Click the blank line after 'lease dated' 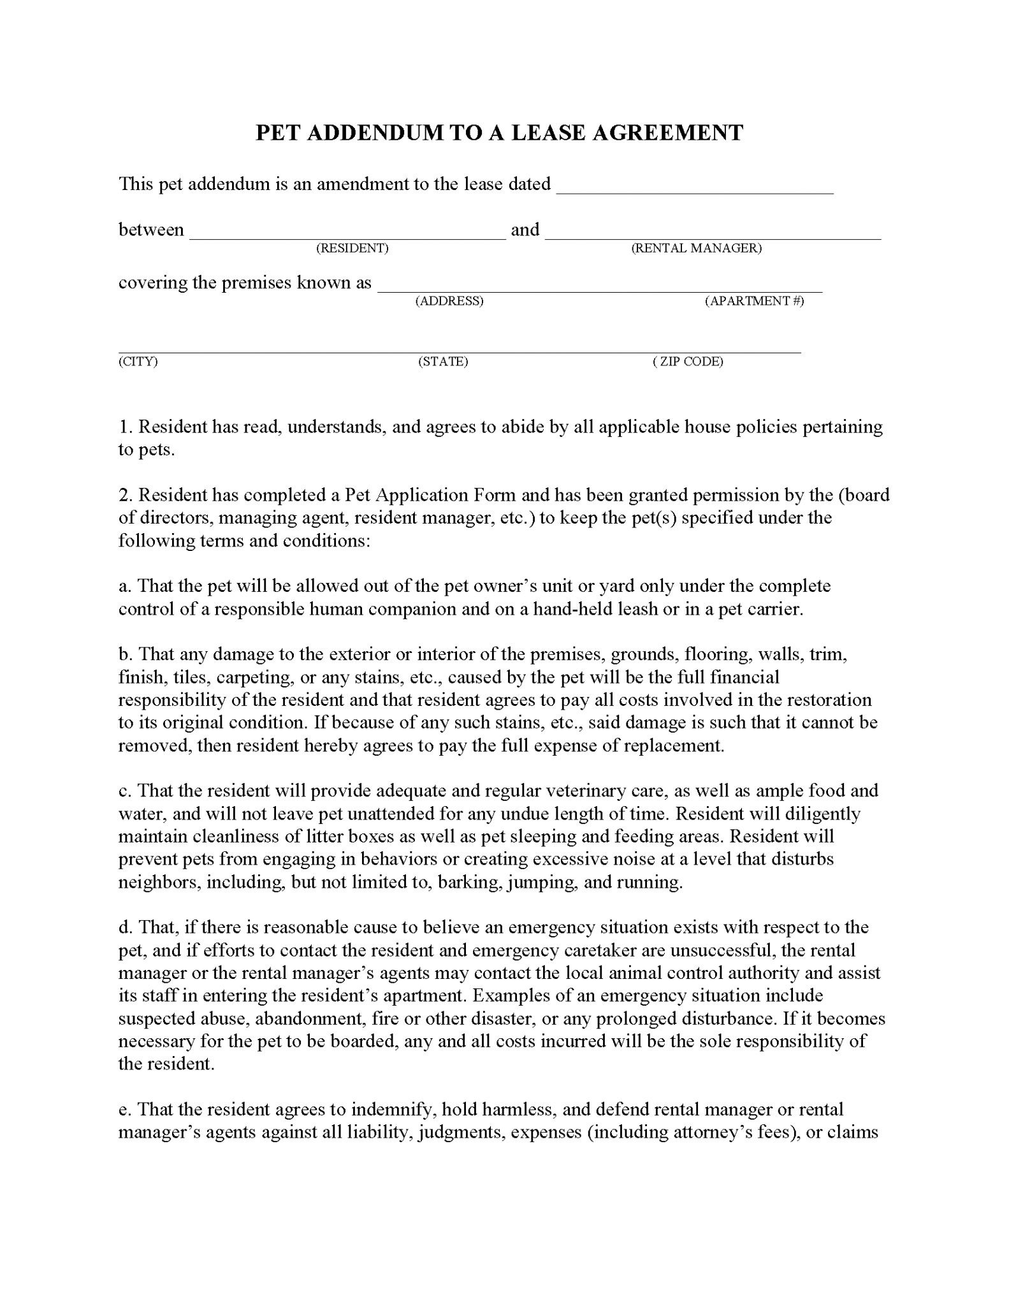695,188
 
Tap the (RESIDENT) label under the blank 352,248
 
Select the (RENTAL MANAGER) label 696,248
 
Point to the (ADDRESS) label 449,301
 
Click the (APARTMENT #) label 754,301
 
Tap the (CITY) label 138,362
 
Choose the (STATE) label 443,362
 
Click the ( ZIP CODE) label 688,362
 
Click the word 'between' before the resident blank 151,230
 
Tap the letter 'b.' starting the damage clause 125,654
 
